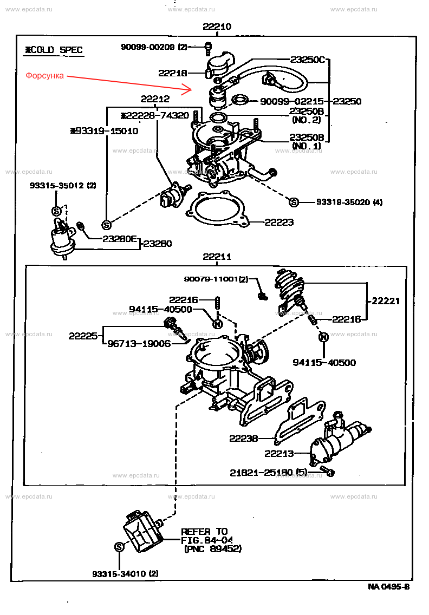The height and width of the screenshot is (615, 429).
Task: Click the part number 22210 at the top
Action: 217,27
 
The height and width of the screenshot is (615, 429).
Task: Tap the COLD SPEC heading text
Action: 54,50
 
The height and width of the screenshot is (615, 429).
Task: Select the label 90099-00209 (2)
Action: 153,47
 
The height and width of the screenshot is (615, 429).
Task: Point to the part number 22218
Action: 173,73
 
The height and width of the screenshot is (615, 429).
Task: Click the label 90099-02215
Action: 292,101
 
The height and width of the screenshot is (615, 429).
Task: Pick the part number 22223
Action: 279,222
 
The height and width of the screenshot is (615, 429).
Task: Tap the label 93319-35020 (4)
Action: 349,202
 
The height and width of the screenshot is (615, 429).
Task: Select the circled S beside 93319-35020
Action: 294,202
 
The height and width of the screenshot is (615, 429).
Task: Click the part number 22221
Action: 386,301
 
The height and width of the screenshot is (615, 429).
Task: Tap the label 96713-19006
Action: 139,343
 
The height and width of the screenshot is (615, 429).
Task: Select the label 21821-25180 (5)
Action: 268,473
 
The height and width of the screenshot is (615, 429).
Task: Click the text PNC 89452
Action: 213,548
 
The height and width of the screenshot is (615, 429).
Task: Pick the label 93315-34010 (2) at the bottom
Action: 126,573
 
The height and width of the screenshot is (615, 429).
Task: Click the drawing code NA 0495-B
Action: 388,586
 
